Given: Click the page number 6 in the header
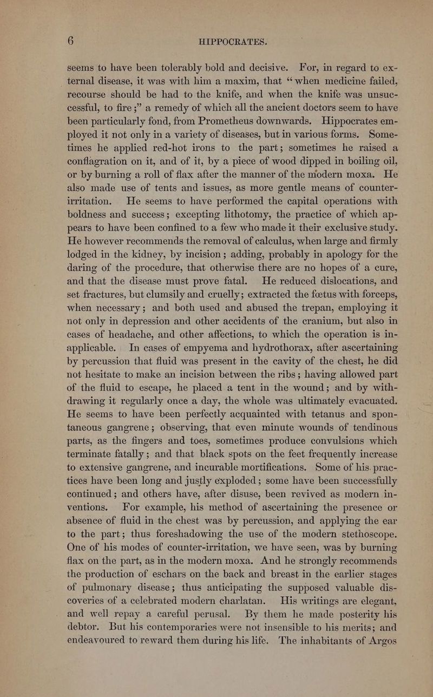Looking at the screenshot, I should pos(71,42).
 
